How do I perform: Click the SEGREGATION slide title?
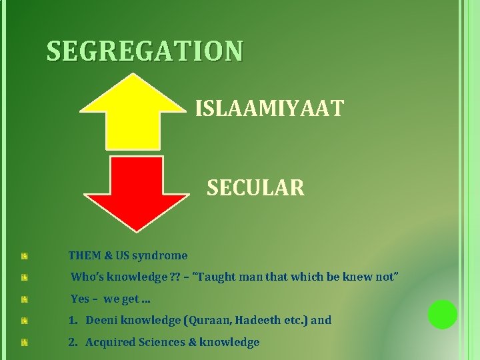pyautogui.click(x=145, y=51)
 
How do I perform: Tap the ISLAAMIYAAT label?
pyautogui.click(x=269, y=108)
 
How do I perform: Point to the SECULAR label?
pyautogui.click(x=255, y=189)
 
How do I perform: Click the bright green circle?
pyautogui.click(x=442, y=314)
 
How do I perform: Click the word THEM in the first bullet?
pyautogui.click(x=84, y=255)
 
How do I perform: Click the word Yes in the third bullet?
pyautogui.click(x=80, y=299)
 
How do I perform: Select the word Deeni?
pyautogui.click(x=101, y=320)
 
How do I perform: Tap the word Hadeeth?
pyautogui.click(x=257, y=320)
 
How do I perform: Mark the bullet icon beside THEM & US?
pyautogui.click(x=24, y=256)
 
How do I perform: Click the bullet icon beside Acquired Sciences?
pyautogui.click(x=24, y=343)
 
